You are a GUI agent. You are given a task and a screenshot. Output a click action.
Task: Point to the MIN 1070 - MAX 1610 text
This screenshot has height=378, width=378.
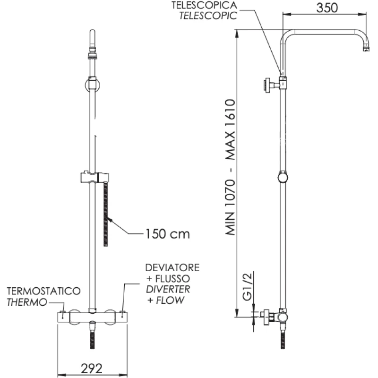pyautogui.click(x=230, y=168)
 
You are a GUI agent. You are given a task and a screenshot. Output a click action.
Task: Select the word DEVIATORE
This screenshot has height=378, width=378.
pyautogui.click(x=172, y=268)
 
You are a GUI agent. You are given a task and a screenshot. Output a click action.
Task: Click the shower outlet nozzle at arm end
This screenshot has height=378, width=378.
pyautogui.click(x=365, y=48)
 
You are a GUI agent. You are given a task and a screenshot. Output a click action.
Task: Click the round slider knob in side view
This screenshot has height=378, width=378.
pyautogui.click(x=283, y=177)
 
